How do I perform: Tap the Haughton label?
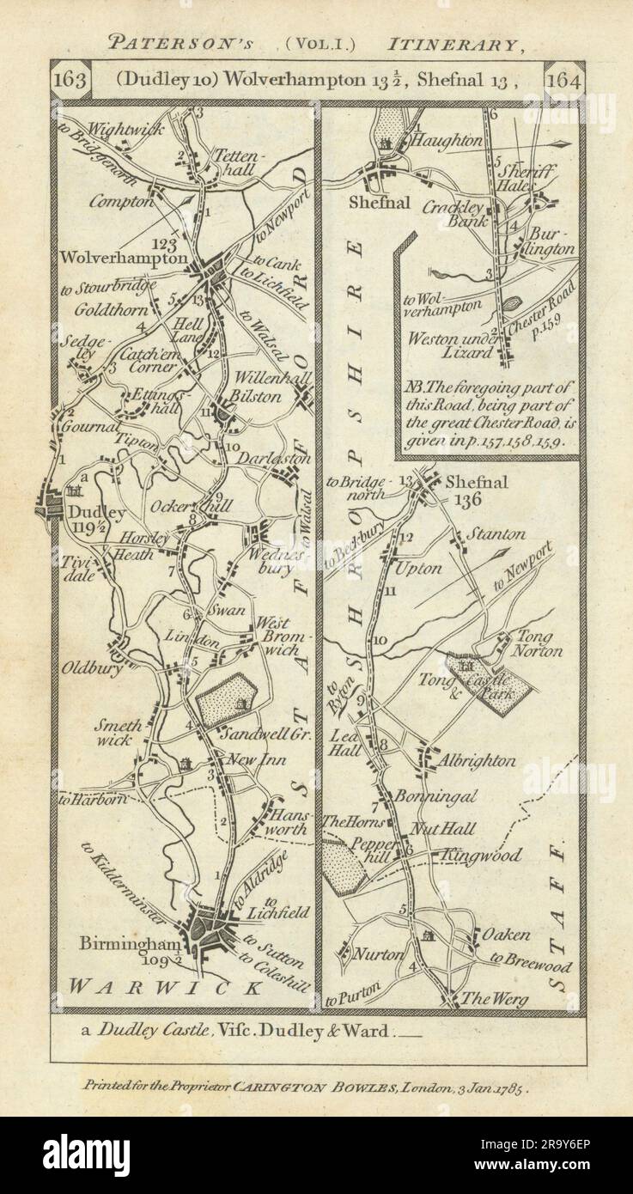pos(444,138)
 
